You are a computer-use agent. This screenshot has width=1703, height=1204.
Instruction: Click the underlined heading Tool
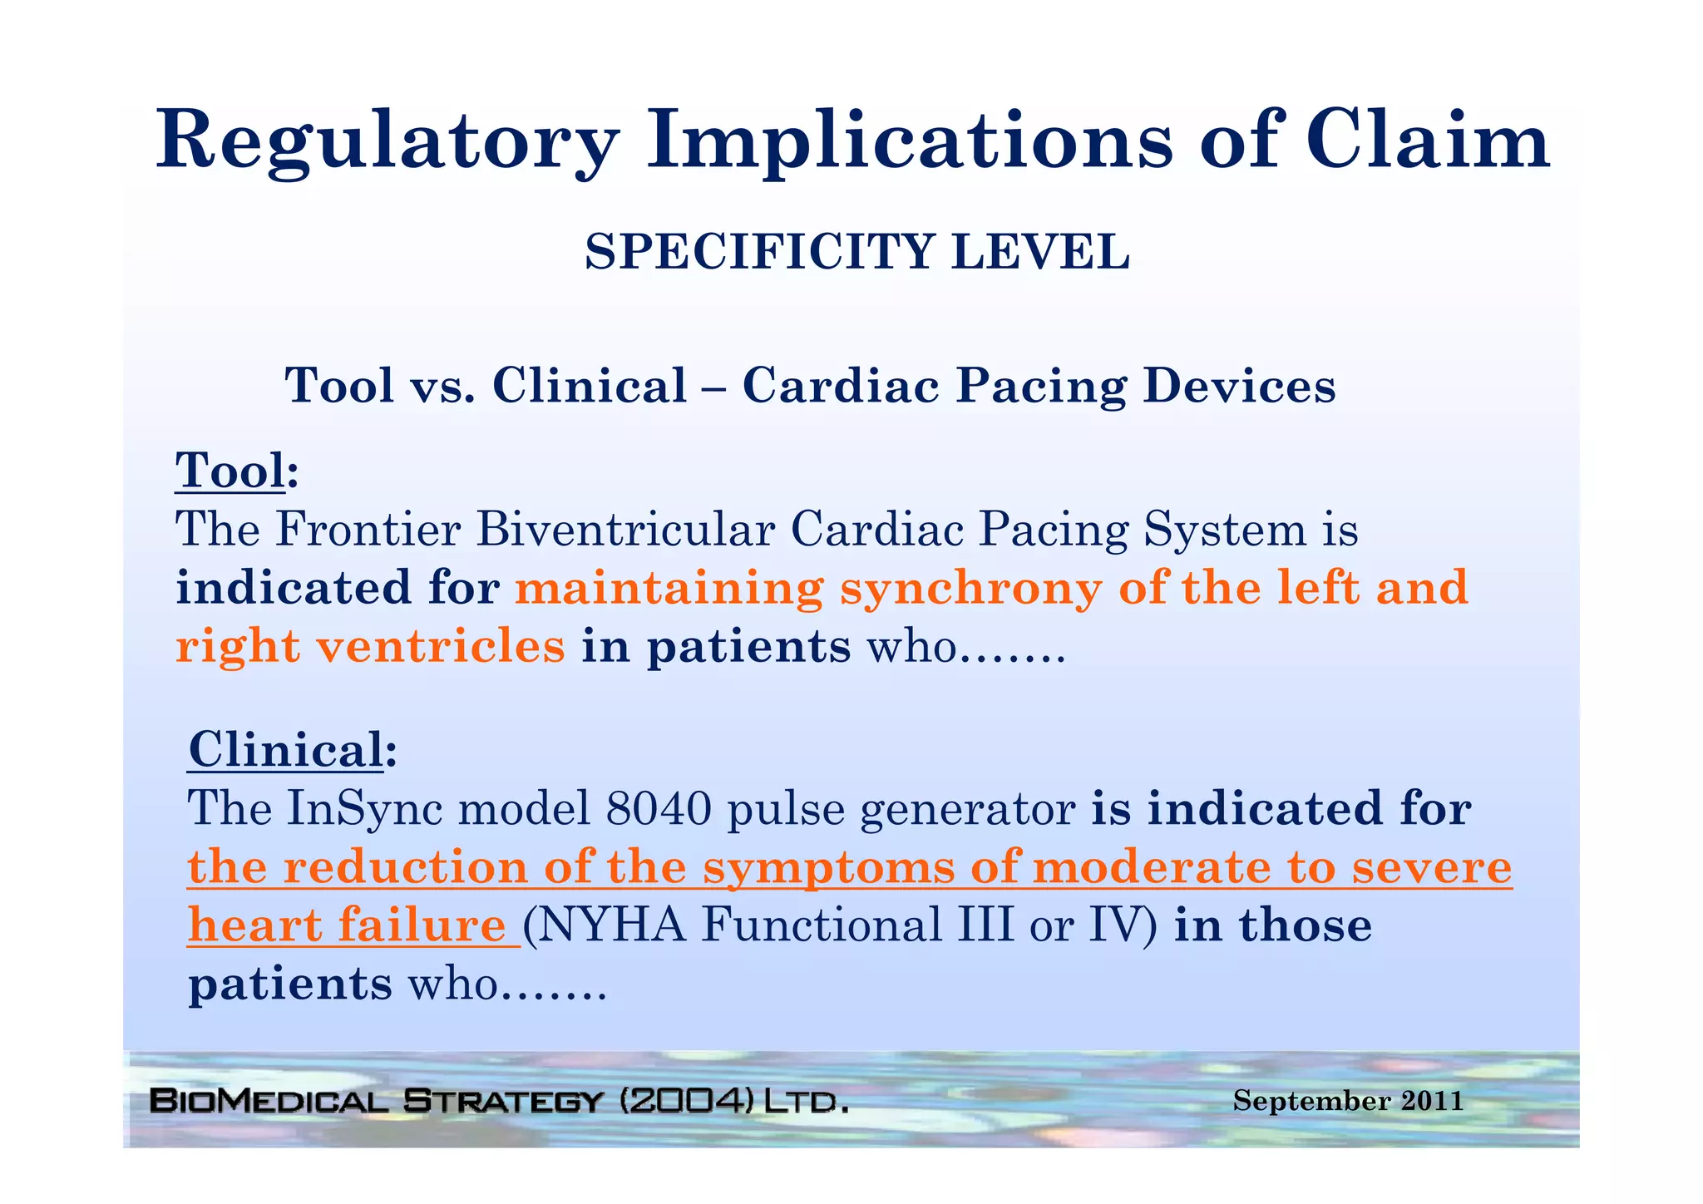(x=230, y=471)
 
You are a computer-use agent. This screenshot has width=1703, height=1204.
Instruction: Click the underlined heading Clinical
(x=286, y=749)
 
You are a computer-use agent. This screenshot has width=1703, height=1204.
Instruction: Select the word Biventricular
(x=625, y=529)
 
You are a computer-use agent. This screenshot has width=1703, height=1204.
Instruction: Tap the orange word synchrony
(x=970, y=589)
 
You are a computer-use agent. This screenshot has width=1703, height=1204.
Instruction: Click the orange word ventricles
(x=441, y=647)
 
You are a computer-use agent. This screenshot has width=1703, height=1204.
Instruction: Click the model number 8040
(x=658, y=808)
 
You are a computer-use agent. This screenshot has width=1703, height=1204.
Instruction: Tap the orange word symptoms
(x=827, y=868)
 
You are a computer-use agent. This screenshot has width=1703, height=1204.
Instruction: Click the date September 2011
(x=1347, y=1101)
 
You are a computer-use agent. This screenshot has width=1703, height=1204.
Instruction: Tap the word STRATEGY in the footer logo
(x=502, y=1102)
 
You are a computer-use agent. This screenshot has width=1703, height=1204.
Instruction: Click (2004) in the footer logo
(x=687, y=1102)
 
